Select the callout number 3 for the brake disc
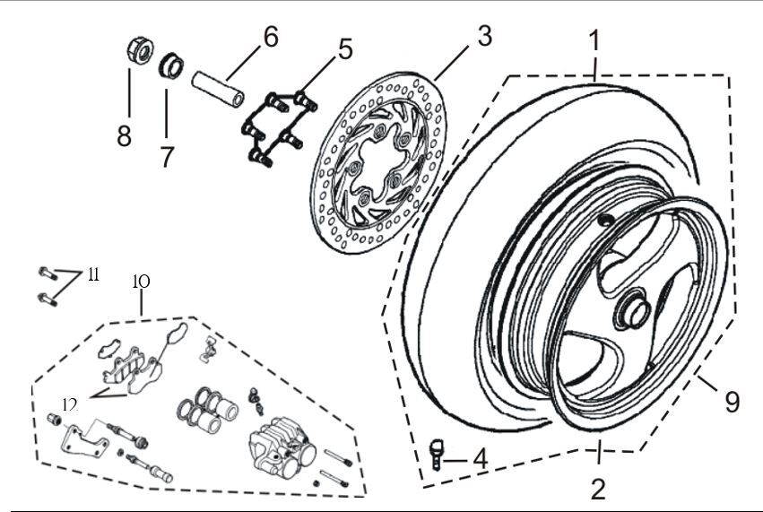click(x=483, y=38)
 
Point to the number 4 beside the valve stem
click(x=481, y=458)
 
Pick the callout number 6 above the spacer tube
click(x=270, y=37)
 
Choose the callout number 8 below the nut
click(x=124, y=136)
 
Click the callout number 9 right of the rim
click(x=733, y=401)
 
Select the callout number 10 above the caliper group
click(x=141, y=282)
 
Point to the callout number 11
click(x=93, y=275)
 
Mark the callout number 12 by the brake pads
click(x=69, y=404)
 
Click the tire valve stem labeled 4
click(x=438, y=453)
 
